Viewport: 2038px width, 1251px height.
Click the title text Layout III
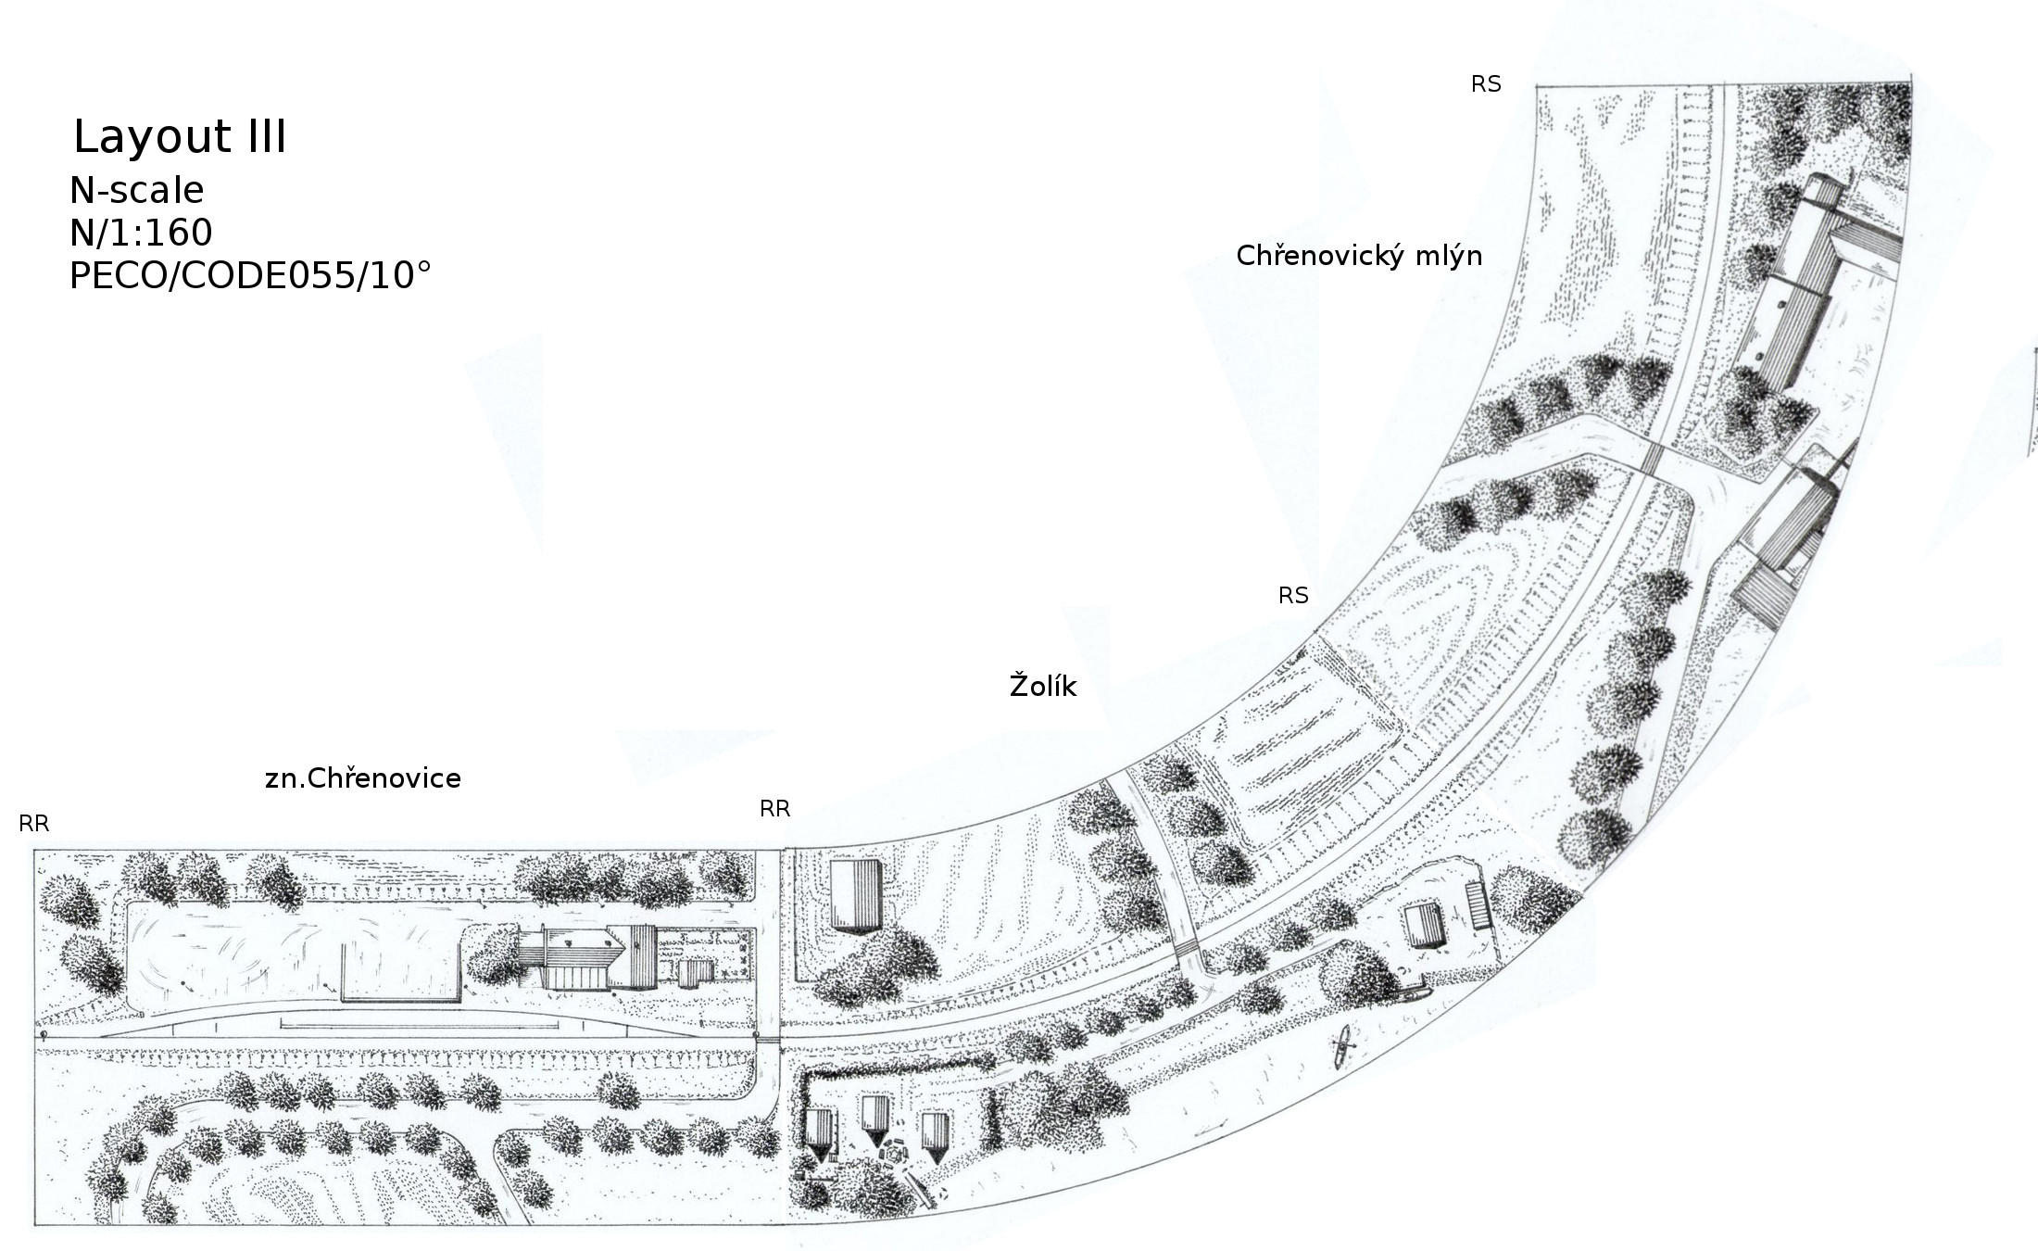(180, 137)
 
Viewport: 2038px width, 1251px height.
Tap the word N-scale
(137, 190)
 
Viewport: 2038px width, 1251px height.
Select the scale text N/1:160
(141, 233)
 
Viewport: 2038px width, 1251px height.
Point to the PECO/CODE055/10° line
(250, 275)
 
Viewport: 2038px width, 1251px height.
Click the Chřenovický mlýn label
(1359, 256)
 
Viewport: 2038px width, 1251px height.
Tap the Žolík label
(1043, 687)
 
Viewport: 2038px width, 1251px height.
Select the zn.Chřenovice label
(363, 778)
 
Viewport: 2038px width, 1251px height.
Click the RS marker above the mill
(1486, 84)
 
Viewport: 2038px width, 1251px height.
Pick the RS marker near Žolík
(1293, 596)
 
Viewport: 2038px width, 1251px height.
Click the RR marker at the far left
(34, 824)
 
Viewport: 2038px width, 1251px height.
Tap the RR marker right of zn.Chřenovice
(774, 809)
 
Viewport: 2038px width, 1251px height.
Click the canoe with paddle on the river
(1342, 1049)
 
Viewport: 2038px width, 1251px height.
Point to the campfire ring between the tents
(894, 1156)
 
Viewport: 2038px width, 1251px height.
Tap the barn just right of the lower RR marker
(856, 896)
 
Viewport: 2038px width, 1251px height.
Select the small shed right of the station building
(693, 974)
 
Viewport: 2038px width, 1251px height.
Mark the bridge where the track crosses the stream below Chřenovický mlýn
(1653, 457)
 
